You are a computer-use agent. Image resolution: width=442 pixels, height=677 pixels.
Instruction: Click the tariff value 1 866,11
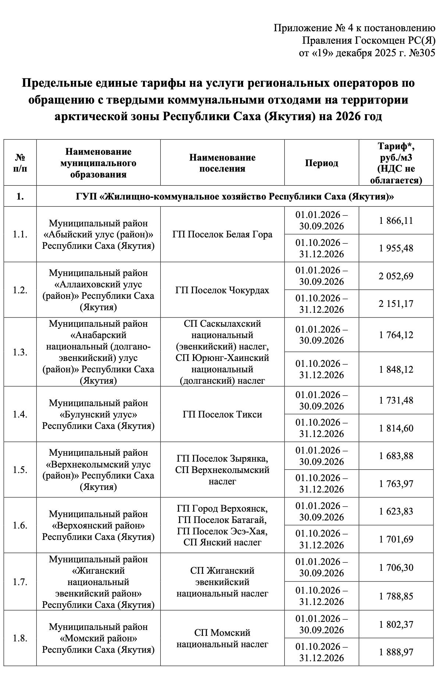point(396,221)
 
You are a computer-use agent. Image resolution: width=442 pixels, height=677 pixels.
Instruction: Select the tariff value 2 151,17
point(396,304)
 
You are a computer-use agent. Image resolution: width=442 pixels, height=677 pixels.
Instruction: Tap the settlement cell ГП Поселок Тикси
point(222,414)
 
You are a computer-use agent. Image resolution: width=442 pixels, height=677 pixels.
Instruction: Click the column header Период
point(321,163)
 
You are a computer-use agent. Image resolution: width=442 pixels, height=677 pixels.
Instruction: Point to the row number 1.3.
point(20,352)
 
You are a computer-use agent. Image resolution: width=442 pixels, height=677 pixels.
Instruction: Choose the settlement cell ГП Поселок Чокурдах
point(222,290)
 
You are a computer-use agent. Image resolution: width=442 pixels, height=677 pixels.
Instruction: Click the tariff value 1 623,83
point(396,511)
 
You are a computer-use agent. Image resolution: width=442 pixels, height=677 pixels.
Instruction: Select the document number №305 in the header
point(422,53)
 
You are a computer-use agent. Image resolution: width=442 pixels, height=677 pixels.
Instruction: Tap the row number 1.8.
point(20,638)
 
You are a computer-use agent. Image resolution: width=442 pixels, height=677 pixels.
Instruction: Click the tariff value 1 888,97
point(396,652)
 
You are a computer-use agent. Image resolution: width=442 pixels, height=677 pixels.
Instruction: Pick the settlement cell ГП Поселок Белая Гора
point(222,234)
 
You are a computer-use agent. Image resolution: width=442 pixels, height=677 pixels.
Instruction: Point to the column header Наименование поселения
point(222,163)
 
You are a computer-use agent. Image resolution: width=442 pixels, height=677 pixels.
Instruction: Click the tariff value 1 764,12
point(396,335)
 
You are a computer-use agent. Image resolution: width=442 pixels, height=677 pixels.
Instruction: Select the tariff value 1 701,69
point(396,539)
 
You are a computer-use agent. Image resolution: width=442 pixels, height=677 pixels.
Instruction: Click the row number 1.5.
point(20,470)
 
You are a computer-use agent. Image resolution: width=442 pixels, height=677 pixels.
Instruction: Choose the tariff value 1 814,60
point(396,428)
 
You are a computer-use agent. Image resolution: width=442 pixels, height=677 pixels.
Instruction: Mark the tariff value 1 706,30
point(396,567)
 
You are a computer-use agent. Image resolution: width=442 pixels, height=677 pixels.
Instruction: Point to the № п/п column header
point(20,163)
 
